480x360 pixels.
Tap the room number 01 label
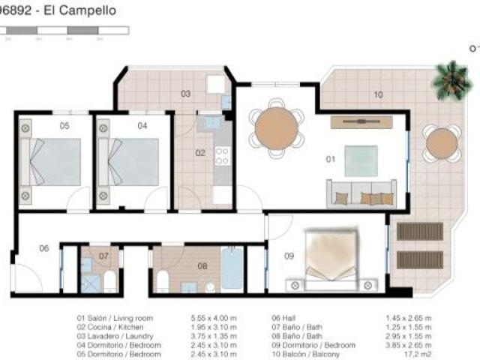(329, 159)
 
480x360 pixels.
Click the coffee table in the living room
(361, 160)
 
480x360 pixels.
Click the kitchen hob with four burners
(223, 155)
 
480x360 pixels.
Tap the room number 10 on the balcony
(378, 95)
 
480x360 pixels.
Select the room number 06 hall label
(43, 248)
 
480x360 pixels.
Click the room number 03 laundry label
(184, 94)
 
